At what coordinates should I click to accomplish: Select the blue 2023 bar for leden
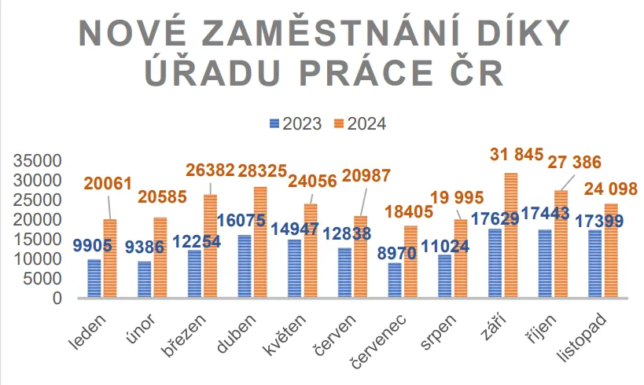94,278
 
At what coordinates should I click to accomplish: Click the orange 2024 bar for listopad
611,251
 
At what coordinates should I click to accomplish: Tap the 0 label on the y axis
57,299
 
